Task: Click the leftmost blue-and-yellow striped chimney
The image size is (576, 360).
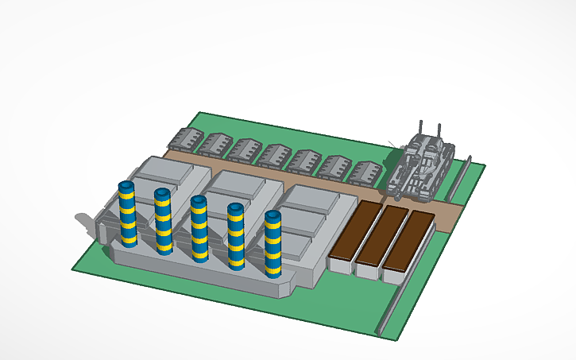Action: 127,216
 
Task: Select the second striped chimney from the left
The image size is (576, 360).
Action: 164,223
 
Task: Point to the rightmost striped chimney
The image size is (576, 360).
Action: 273,245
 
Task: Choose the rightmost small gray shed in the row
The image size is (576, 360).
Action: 366,173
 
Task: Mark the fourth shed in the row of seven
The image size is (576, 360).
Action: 274,156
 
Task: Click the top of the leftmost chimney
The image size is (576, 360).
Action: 126,186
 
